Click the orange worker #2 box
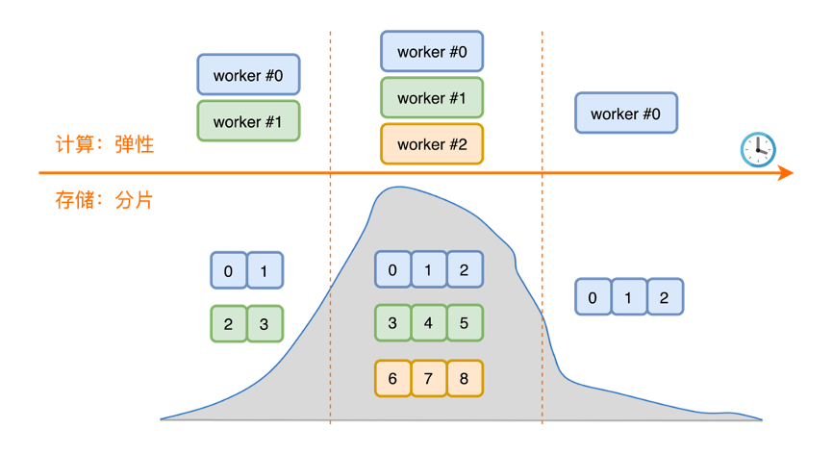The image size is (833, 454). tap(431, 144)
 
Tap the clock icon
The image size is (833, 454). tap(757, 149)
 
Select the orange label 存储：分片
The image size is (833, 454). tap(104, 201)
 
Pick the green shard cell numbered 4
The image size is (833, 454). tap(428, 323)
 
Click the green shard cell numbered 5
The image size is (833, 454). tap(464, 323)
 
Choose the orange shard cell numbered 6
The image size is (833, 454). tap(392, 378)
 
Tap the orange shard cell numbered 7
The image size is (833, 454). tap(428, 378)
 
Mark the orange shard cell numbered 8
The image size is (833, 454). tap(464, 378)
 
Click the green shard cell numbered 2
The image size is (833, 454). tap(228, 324)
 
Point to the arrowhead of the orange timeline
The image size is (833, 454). tap(786, 173)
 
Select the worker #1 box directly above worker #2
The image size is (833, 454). tap(431, 98)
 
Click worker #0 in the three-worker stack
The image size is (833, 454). tap(431, 52)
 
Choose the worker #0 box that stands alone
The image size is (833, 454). tap(626, 113)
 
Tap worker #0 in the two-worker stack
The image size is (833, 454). tap(248, 75)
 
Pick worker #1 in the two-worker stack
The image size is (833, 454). tap(248, 122)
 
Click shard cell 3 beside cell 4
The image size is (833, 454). tap(392, 323)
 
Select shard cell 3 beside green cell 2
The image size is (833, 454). tap(265, 324)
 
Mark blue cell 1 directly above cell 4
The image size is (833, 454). tap(428, 270)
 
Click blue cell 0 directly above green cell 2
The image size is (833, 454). tap(228, 271)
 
